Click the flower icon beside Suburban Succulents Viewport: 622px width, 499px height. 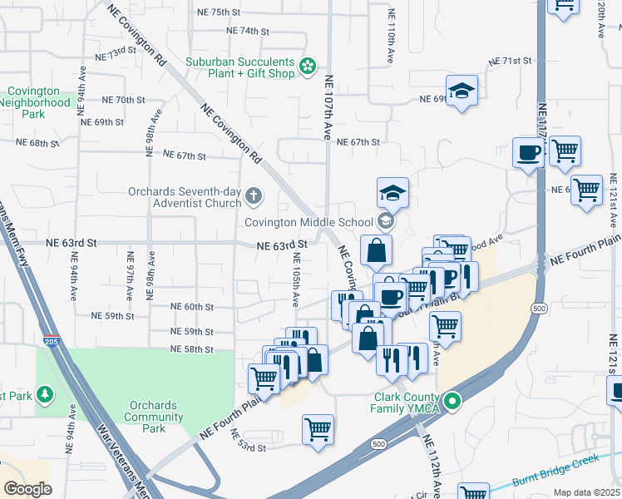(x=308, y=64)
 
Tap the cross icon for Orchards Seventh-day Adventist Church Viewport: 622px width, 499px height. (x=254, y=196)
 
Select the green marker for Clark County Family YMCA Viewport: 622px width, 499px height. (x=452, y=403)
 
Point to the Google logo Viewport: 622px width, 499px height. (x=27, y=488)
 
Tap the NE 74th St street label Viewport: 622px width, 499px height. (x=249, y=31)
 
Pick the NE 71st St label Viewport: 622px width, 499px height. (x=509, y=62)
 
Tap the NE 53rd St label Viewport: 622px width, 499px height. (x=247, y=442)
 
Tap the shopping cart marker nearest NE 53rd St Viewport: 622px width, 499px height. (x=318, y=430)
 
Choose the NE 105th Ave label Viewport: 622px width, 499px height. (x=295, y=279)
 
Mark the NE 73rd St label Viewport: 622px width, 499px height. (x=116, y=55)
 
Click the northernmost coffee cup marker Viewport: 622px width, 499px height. (x=529, y=153)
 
